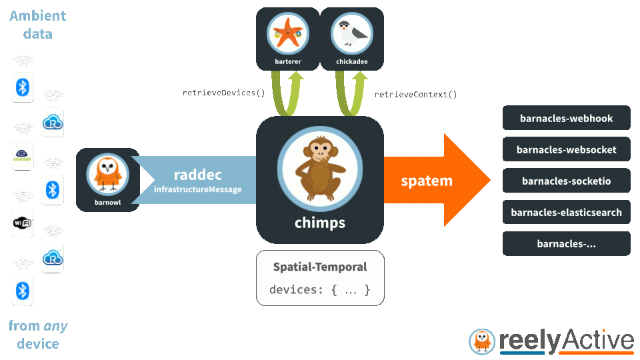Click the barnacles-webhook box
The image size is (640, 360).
566,118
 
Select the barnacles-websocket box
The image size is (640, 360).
566,149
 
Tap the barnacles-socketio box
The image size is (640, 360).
566,181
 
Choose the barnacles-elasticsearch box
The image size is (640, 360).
566,212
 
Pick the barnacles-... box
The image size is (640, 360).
566,244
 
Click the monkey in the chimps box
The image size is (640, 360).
320,168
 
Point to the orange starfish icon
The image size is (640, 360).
288,33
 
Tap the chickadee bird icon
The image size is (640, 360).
352,33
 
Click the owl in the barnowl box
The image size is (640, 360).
108,175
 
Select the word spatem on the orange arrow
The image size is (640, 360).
427,181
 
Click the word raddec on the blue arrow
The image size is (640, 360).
197,175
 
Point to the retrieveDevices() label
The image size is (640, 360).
224,93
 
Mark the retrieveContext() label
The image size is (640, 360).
415,95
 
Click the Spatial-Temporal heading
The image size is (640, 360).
320,267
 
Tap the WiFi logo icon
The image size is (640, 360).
23,223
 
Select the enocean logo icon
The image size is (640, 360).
22,155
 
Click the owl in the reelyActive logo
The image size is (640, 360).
482,341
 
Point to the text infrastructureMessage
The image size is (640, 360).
197,189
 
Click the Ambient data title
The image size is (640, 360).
37,25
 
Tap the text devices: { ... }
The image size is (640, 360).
319,290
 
